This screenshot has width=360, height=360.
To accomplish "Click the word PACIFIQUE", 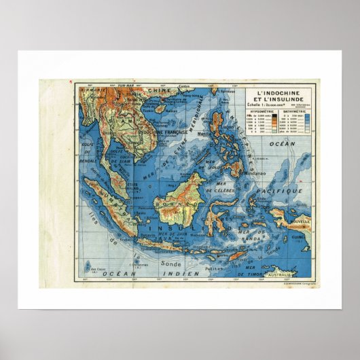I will (289, 192).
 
